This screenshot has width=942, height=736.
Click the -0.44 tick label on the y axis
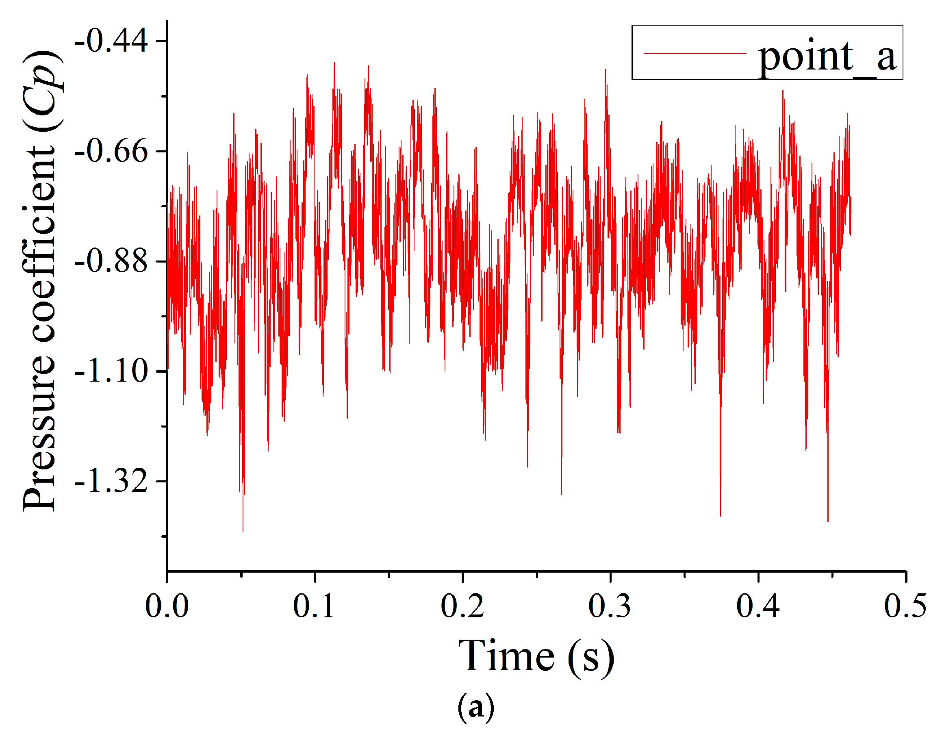[x=111, y=41]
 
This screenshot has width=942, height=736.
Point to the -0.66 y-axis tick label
[x=111, y=152]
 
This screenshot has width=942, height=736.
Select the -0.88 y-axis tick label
[x=111, y=261]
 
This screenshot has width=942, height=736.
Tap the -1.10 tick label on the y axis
[x=111, y=371]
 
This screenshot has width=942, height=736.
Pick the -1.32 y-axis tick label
[x=111, y=482]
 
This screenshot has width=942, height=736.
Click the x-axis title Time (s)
[x=536, y=657]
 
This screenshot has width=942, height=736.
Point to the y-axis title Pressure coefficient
[x=41, y=280]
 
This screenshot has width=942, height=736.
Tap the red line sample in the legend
[x=695, y=54]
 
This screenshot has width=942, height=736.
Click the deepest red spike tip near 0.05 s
[x=243, y=532]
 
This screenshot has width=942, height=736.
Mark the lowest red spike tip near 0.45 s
[x=828, y=521]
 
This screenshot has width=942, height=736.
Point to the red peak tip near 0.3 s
[x=605, y=69]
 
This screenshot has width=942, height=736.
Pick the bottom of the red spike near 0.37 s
[x=720, y=516]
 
